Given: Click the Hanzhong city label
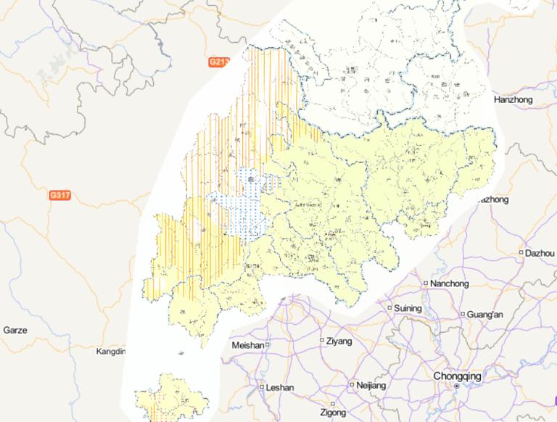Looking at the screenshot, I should click(x=513, y=99).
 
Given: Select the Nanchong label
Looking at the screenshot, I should click(x=450, y=284).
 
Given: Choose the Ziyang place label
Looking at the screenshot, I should click(x=339, y=341).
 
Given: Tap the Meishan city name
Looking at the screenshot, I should click(x=247, y=346).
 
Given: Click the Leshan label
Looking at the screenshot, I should click(x=280, y=388).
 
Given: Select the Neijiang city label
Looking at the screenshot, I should click(x=371, y=385).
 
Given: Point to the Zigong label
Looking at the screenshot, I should click(x=333, y=413).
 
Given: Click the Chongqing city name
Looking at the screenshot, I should click(x=457, y=376).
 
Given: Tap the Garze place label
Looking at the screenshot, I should click(x=15, y=330).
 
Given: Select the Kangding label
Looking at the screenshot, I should click(x=111, y=352).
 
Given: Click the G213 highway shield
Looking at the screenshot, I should click(x=218, y=62).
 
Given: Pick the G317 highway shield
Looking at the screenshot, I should click(x=59, y=196).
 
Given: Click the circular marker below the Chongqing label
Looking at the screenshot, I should click(x=456, y=387).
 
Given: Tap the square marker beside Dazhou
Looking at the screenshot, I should click(x=521, y=253).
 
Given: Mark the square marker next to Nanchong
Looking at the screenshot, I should click(x=426, y=284).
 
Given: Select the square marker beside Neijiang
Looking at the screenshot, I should click(x=352, y=385).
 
